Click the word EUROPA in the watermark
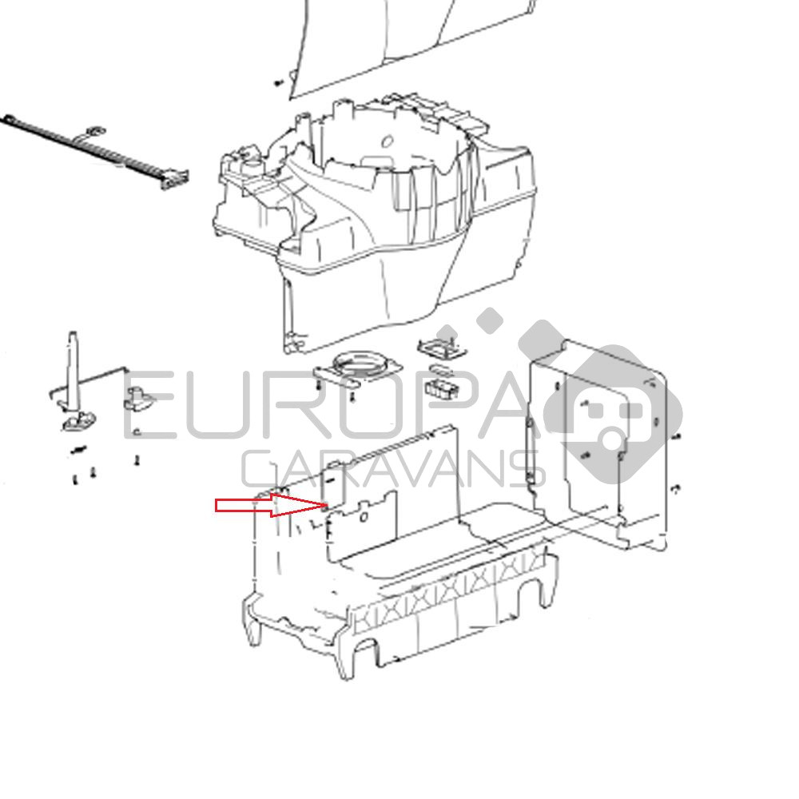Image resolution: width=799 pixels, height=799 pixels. tap(326, 404)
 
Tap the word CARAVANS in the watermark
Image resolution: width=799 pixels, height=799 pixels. tap(393, 469)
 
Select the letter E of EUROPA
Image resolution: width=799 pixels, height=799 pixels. tap(151, 404)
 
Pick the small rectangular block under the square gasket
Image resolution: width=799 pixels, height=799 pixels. tap(442, 389)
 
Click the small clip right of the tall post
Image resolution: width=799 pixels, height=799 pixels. tap(138, 399)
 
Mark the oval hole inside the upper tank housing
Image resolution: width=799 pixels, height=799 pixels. tap(388, 141)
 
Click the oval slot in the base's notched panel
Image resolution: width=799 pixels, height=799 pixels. tap(364, 518)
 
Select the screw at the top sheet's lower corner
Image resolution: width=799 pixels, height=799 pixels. tap(278, 82)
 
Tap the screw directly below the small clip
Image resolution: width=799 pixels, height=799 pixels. tap(137, 460)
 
